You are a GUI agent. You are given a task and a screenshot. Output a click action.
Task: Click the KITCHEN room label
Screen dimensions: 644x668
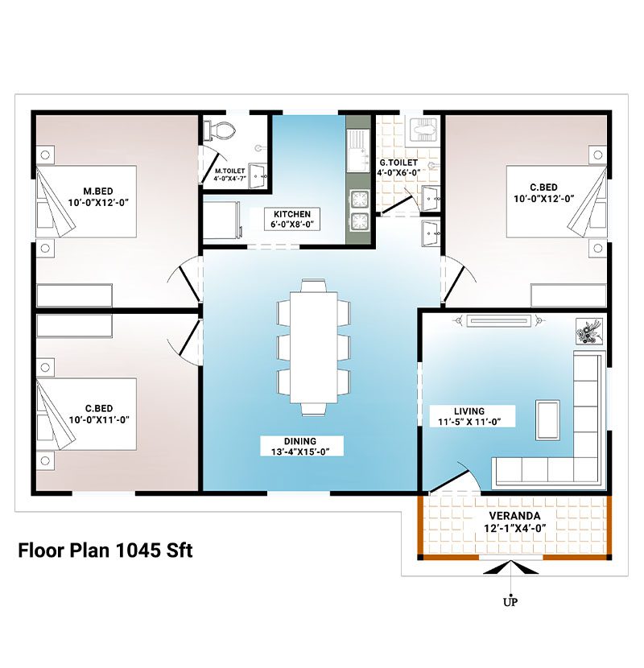292,214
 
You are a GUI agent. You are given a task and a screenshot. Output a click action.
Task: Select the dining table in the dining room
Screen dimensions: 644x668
314,347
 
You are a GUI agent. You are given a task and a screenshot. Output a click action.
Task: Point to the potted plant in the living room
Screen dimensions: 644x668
589,331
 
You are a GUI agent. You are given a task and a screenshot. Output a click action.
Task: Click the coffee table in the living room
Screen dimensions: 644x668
547,420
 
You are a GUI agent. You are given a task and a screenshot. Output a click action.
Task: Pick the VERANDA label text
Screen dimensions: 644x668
514,516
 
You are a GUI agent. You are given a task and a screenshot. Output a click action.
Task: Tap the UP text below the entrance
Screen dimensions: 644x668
510,602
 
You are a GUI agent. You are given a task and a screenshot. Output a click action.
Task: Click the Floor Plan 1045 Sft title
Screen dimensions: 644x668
105,550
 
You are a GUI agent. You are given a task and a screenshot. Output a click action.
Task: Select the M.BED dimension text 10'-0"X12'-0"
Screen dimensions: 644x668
98,202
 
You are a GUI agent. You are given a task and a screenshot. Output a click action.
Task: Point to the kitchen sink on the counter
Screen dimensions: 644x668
357,151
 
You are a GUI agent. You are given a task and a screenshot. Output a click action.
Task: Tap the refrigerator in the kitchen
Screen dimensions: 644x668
221,221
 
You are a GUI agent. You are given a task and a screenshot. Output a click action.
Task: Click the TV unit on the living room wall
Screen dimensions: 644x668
498,320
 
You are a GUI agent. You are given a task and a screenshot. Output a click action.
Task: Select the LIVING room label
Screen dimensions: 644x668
469,411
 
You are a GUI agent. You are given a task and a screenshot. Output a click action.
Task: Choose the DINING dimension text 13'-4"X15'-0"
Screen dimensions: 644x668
301,452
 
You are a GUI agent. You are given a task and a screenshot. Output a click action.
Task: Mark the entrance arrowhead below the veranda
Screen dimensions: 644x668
510,567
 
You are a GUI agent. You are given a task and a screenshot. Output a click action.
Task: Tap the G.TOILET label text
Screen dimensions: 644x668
398,163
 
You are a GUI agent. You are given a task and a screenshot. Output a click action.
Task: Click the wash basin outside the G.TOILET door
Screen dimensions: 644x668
431,233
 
